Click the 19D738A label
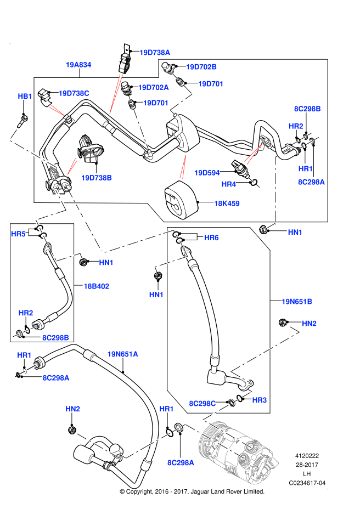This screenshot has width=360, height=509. click(x=155, y=53)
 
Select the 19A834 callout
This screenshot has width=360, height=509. click(x=78, y=65)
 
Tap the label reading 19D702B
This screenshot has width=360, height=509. click(x=201, y=67)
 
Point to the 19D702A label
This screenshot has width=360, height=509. click(x=153, y=87)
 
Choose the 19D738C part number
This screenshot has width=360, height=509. click(x=74, y=93)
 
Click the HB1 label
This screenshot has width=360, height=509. click(x=25, y=97)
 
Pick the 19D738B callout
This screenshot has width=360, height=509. click(x=97, y=178)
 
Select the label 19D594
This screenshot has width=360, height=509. click(x=207, y=173)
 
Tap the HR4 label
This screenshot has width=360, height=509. click(x=229, y=184)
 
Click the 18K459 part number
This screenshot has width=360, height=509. click(x=227, y=203)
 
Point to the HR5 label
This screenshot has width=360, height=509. click(x=19, y=234)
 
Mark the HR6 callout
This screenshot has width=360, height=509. click(x=211, y=237)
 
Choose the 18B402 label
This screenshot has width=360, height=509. click(x=96, y=286)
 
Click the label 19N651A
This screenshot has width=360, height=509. click(x=122, y=354)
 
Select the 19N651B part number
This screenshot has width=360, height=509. click(x=297, y=302)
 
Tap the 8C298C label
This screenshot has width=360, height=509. click(x=203, y=404)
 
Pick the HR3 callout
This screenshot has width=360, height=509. click(x=260, y=400)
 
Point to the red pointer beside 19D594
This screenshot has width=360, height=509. click(x=183, y=167)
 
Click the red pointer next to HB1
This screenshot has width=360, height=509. click(x=57, y=110)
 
